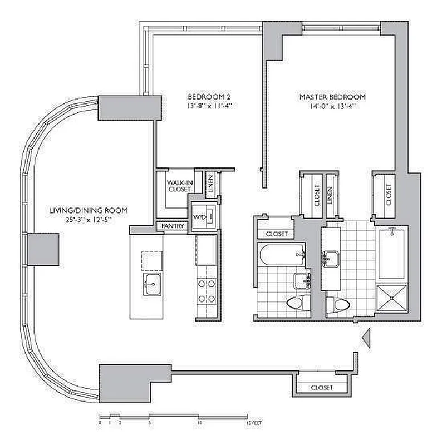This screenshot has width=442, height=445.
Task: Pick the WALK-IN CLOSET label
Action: point(179,185)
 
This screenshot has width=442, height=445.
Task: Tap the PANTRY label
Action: point(171,226)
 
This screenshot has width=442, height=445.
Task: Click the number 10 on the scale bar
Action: point(199,423)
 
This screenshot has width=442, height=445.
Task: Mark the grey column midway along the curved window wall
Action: point(42,249)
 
